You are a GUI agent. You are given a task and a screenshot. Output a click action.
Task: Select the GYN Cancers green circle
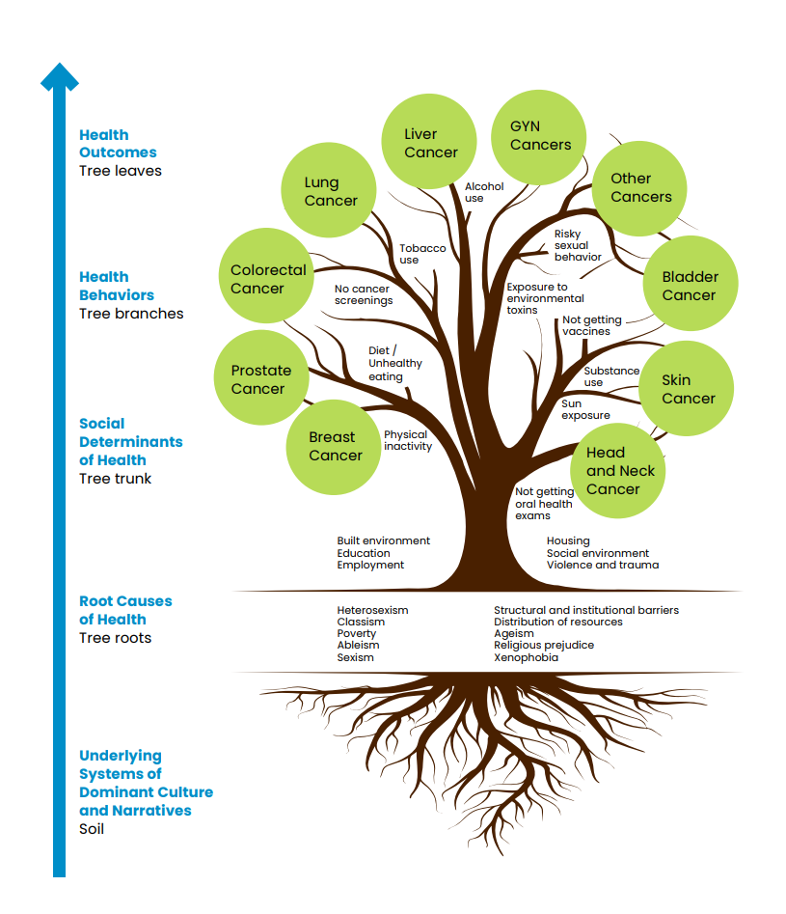[539, 136]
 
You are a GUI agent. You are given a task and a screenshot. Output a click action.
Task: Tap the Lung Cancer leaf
[328, 191]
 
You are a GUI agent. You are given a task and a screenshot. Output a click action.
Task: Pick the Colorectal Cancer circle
[267, 277]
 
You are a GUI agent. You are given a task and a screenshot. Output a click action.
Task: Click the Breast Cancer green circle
[334, 446]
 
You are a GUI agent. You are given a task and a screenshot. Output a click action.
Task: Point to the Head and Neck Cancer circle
[618, 470]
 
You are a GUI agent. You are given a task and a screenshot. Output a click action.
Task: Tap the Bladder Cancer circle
[690, 285]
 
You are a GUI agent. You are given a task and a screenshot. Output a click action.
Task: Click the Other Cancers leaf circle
[638, 187]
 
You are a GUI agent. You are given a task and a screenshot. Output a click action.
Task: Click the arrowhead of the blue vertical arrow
[60, 76]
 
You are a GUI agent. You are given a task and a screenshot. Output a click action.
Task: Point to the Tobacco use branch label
[422, 254]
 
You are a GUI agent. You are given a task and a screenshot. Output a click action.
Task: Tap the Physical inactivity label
[407, 440]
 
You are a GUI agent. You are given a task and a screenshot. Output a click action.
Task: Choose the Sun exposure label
[585, 409]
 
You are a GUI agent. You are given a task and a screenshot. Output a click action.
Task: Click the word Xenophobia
[526, 657]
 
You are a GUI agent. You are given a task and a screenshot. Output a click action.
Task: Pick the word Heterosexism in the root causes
[372, 610]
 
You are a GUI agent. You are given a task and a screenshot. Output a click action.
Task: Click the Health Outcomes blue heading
[118, 144]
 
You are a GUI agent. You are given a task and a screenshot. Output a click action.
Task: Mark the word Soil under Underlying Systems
[92, 829]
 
